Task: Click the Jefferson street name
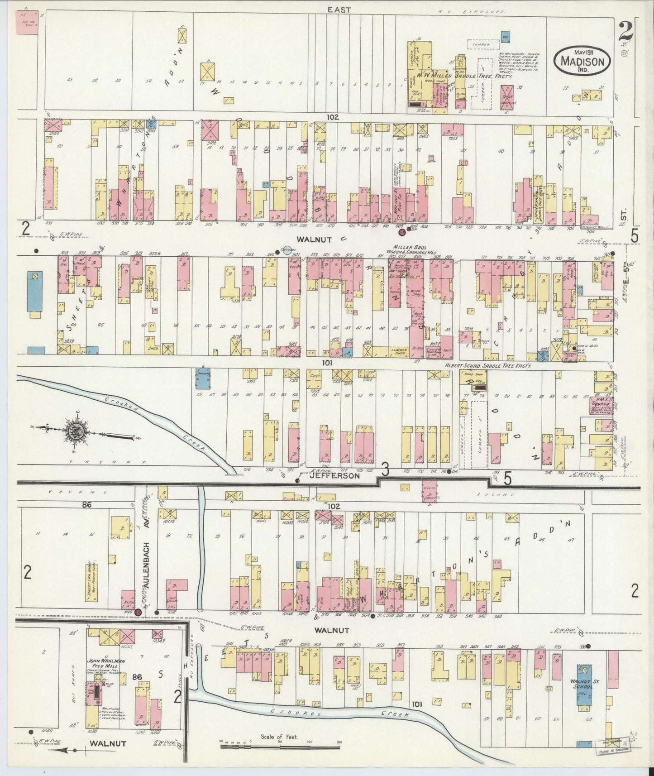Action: click(x=342, y=476)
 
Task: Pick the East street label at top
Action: click(x=339, y=10)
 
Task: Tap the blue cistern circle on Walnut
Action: click(x=286, y=250)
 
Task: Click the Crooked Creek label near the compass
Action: click(x=154, y=419)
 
